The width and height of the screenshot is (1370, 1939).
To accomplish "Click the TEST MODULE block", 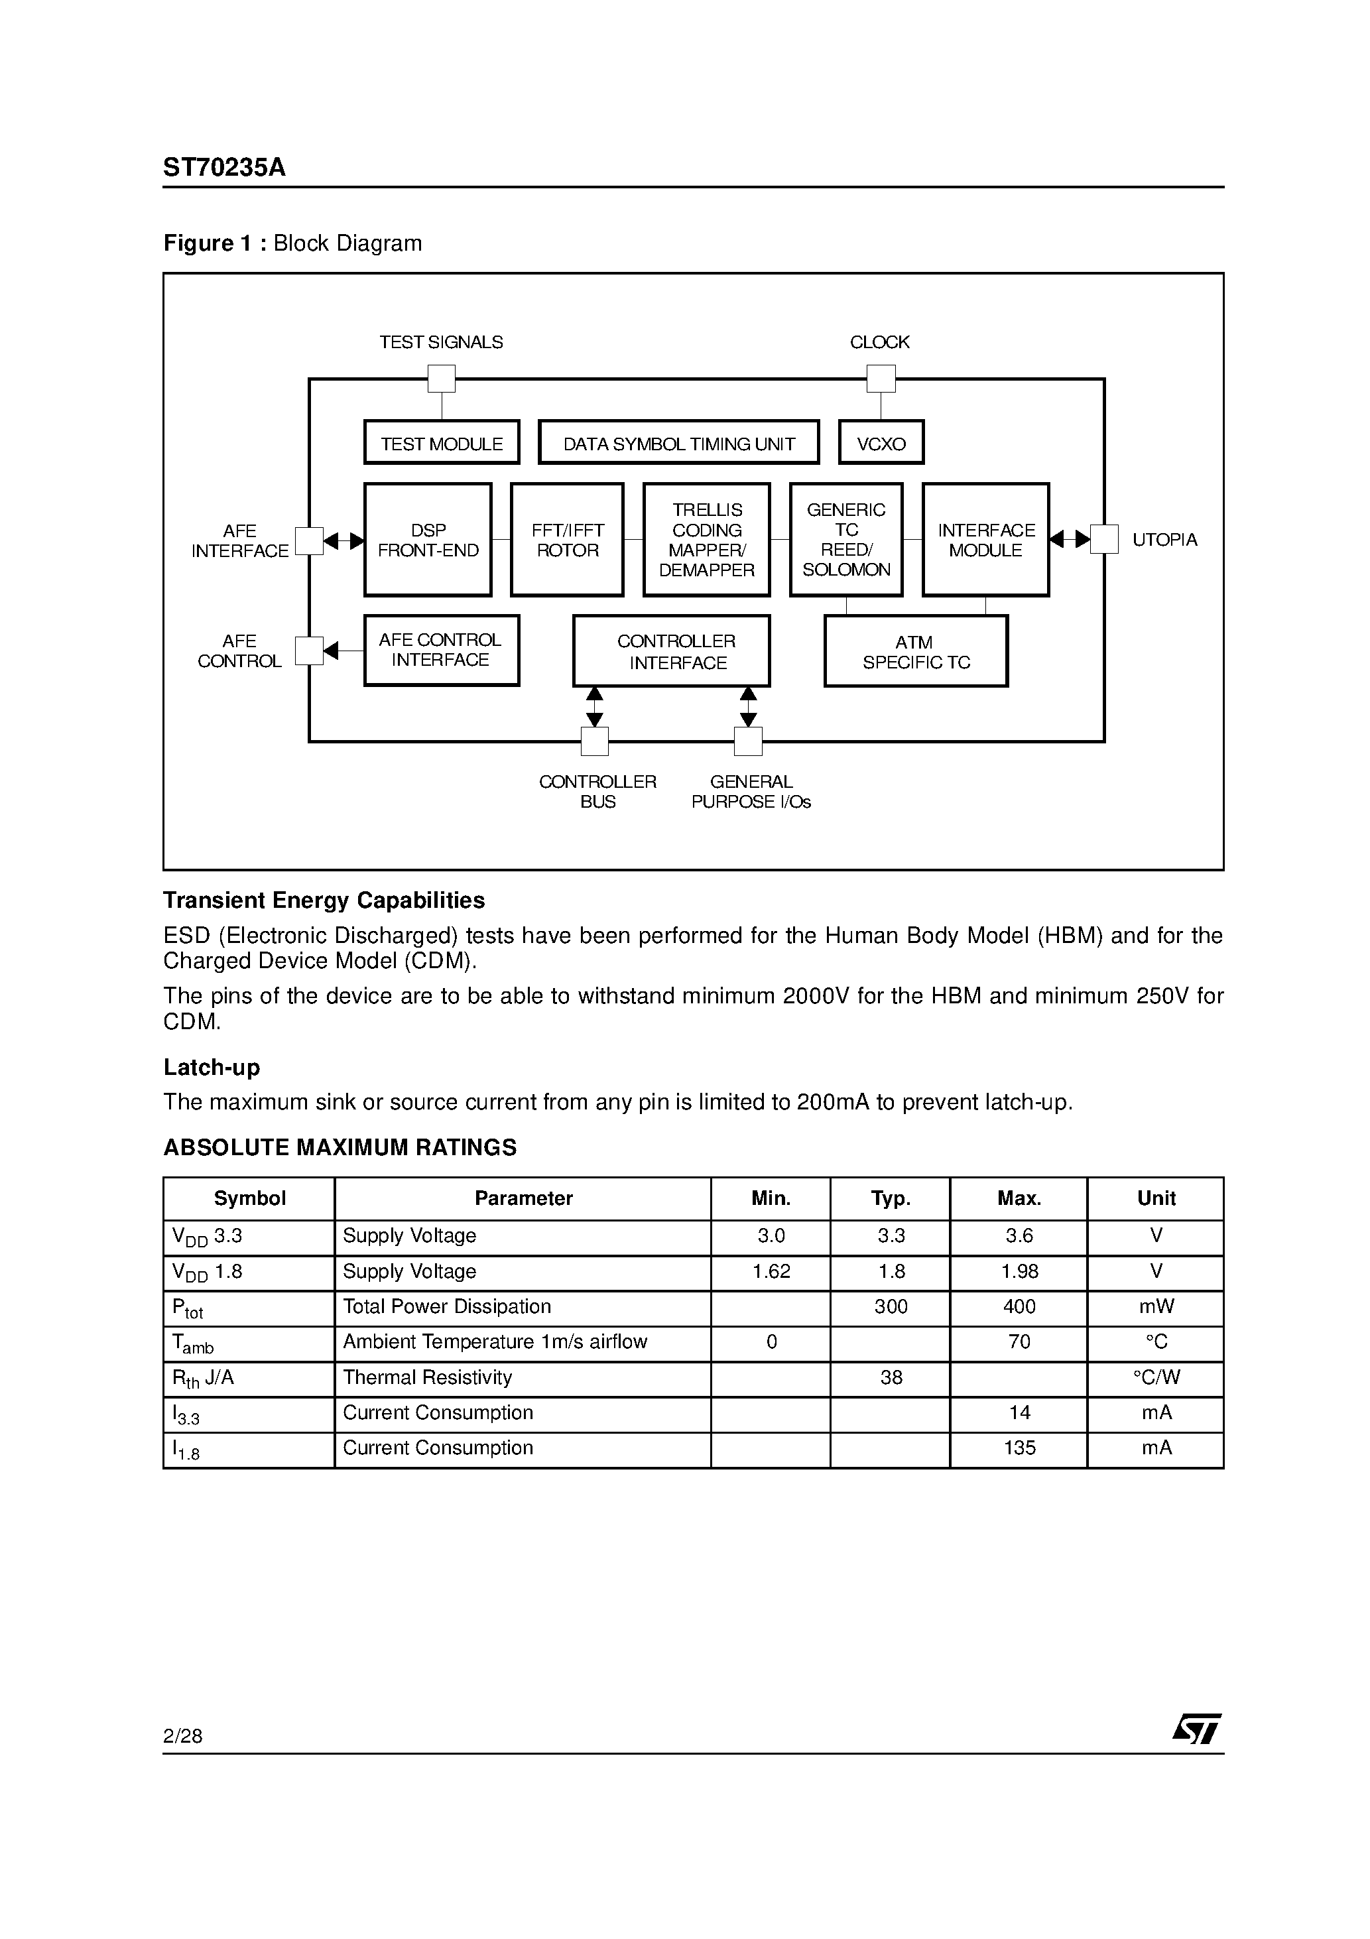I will [x=441, y=442].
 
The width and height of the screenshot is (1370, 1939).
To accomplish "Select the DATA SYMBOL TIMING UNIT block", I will [x=678, y=442].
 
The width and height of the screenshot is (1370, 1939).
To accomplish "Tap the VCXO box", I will [x=881, y=442].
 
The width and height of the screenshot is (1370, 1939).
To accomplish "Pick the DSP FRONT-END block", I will [x=428, y=540].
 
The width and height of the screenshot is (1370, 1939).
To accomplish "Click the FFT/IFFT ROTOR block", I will [x=567, y=540].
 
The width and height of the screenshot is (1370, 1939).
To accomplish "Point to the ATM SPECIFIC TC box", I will [x=916, y=651].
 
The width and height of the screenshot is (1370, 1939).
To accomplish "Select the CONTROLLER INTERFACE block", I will [x=672, y=651].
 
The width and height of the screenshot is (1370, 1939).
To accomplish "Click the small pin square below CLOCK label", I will [x=881, y=379].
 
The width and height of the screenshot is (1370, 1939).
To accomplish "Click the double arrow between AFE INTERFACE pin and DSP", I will [x=343, y=540].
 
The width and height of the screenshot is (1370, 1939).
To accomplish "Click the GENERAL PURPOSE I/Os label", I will [x=750, y=791].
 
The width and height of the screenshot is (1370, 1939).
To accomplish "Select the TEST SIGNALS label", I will [x=441, y=342].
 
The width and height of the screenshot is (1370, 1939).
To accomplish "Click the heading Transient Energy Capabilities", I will [x=324, y=901].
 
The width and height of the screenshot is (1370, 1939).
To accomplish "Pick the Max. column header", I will [x=1019, y=1198].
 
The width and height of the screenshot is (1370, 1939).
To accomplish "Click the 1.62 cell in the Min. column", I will [x=771, y=1272].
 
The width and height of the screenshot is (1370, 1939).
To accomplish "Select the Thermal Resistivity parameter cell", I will [x=428, y=1378].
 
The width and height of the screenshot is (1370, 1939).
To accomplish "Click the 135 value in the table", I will [x=1019, y=1448].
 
